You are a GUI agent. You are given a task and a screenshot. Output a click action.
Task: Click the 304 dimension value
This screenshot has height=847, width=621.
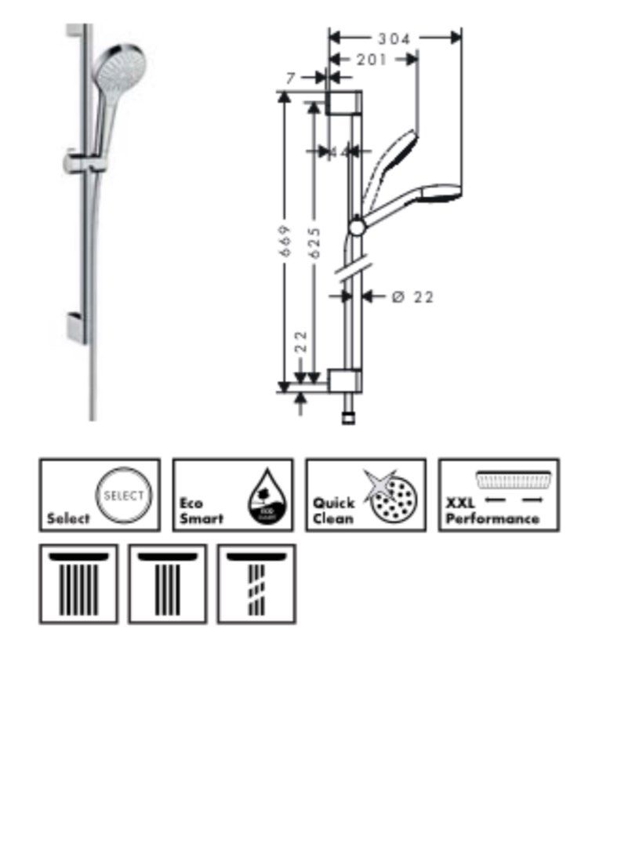coord(394,38)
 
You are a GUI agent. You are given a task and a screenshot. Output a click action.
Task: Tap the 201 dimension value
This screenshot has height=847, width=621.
coord(372,60)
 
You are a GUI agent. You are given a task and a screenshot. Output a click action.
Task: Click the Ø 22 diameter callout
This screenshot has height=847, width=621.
coord(412,296)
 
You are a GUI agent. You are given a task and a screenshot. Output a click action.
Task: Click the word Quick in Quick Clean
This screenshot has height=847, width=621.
coord(334,503)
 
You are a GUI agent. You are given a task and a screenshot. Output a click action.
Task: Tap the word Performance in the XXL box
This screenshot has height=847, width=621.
coord(492,518)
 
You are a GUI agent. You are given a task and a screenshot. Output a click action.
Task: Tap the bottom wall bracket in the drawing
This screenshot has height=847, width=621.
coord(345,380)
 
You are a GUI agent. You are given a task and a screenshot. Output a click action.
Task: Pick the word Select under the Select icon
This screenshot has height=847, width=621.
coord(68,518)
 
